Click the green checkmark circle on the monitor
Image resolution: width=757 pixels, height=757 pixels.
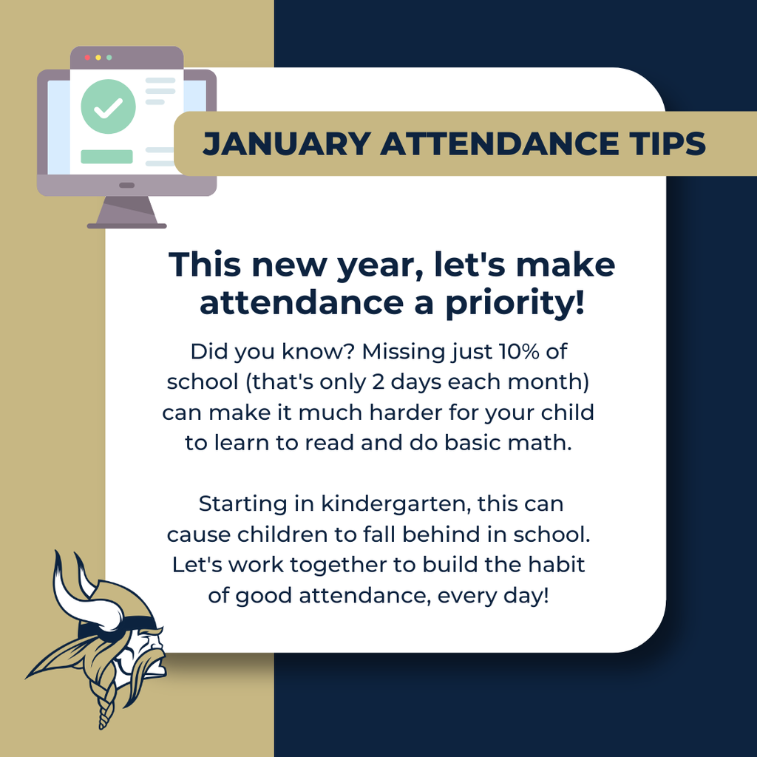[109, 107]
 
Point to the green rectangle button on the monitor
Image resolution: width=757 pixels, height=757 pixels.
[106, 157]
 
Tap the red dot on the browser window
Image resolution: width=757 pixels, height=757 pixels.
[88, 57]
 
